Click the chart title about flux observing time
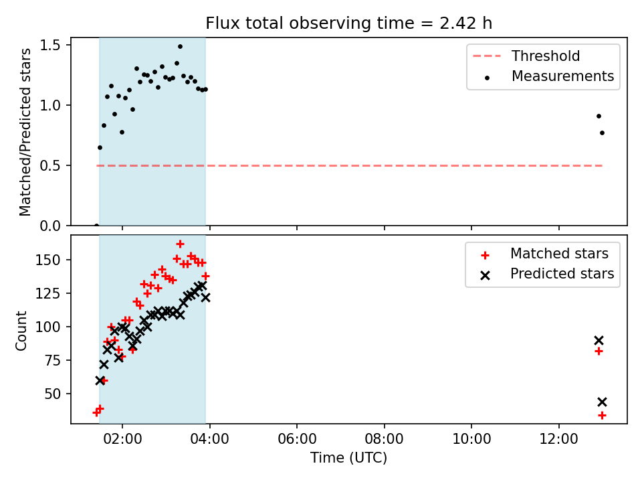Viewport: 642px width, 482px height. (348, 23)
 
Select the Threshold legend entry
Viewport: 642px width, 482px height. (526, 56)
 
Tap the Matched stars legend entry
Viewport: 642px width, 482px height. (544, 254)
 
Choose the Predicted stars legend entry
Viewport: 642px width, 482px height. (548, 274)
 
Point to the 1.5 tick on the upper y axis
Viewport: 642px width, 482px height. (50, 45)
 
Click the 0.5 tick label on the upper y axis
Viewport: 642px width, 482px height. (50, 165)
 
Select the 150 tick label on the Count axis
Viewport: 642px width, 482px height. (48, 260)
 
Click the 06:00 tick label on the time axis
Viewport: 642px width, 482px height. (297, 439)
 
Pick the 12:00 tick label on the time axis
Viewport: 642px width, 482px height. (559, 439)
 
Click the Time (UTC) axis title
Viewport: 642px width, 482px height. (348, 457)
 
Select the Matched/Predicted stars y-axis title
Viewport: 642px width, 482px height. (25, 132)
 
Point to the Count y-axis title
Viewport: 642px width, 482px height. (21, 330)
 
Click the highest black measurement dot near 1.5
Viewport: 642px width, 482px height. (180, 47)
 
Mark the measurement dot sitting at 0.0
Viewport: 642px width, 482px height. (96, 226)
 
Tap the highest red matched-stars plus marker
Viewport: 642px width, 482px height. (180, 244)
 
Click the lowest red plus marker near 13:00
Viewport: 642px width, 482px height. (602, 416)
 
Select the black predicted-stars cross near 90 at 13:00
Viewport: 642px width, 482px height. (599, 341)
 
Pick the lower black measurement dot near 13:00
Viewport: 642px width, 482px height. (602, 133)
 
